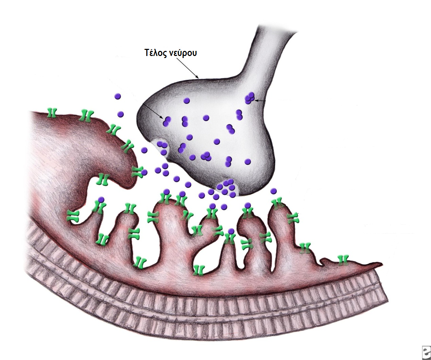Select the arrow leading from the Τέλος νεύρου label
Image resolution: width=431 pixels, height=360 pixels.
pyautogui.click(x=188, y=69)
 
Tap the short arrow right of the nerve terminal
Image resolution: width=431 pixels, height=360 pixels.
pyautogui.click(x=260, y=100)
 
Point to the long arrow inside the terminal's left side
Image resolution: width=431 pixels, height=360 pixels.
pyautogui.click(x=153, y=111)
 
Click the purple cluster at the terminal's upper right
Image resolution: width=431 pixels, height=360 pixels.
pyautogui.click(x=250, y=98)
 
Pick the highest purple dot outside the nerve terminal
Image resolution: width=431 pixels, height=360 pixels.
pyautogui.click(x=118, y=96)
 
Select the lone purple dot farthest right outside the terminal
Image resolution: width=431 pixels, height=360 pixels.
pyautogui.click(x=273, y=191)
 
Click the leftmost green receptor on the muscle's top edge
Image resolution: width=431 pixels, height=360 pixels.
pyautogui.click(x=52, y=113)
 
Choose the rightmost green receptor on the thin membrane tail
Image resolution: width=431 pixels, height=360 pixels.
pyautogui.click(x=343, y=260)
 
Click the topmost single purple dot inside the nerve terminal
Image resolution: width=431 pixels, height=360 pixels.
pyautogui.click(x=186, y=101)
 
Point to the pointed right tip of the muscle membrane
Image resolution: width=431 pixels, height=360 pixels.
pyautogui.click(x=382, y=264)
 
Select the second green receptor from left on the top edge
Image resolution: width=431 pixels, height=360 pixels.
pyautogui.click(x=86, y=115)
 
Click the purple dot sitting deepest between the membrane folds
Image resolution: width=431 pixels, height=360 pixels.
pyautogui.click(x=231, y=231)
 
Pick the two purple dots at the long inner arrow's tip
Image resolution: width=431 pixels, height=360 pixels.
pyautogui.click(x=166, y=121)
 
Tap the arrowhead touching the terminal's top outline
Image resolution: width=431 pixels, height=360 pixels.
pyautogui.click(x=198, y=77)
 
